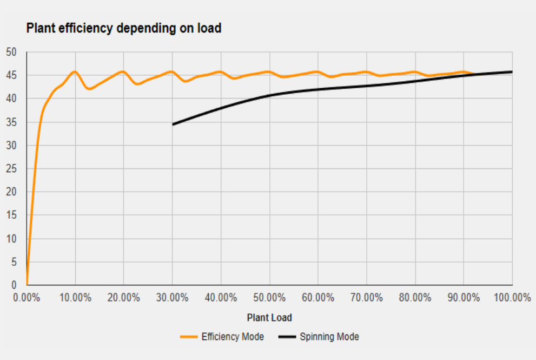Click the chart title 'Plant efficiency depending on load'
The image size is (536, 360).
124,29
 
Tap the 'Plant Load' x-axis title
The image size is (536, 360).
269,317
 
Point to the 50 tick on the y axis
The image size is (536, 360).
11,52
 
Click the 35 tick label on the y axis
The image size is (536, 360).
11,122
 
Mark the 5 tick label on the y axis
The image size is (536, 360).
14,262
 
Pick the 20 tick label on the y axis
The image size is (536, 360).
11,192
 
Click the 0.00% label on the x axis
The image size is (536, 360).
27,297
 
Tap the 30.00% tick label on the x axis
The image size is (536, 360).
173,297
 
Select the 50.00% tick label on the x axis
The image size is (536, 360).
269,297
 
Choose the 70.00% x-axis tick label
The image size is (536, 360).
367,297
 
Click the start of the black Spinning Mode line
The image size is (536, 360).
173,125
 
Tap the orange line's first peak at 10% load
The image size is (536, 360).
75,71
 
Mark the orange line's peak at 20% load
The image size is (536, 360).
123,71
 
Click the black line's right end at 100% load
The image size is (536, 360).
512,71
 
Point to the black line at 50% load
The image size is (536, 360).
269,96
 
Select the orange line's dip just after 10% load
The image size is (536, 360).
89,89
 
